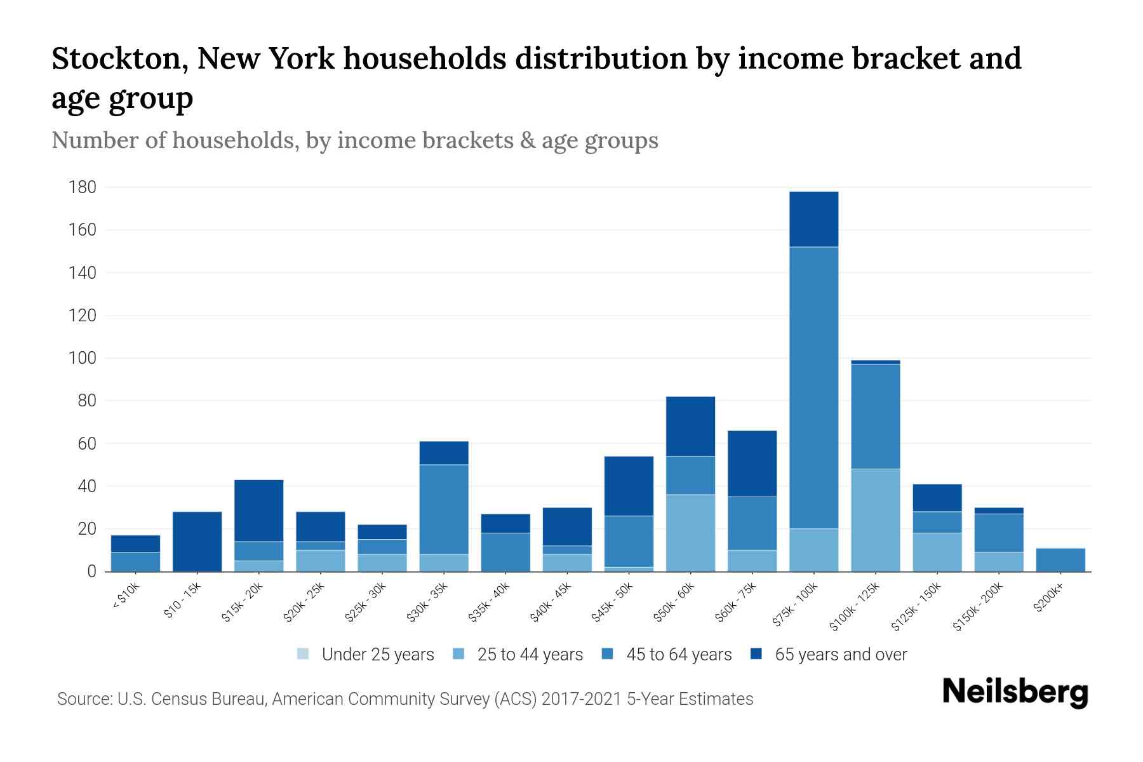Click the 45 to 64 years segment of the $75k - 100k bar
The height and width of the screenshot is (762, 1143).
pyautogui.click(x=813, y=387)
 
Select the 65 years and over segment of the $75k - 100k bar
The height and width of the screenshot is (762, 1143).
pyautogui.click(x=813, y=219)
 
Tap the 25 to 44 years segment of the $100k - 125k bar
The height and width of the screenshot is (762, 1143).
pyautogui.click(x=875, y=520)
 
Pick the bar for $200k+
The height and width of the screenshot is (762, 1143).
pyautogui.click(x=1060, y=559)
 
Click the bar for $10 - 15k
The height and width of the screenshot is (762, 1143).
pyautogui.click(x=197, y=541)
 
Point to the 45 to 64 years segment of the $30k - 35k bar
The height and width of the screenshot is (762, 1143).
pyautogui.click(x=444, y=509)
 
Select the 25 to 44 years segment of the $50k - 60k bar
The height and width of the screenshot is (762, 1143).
pyautogui.click(x=690, y=533)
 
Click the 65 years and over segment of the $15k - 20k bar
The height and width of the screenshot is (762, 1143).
pyautogui.click(x=258, y=511)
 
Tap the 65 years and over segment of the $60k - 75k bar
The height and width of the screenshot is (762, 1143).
pyautogui.click(x=752, y=464)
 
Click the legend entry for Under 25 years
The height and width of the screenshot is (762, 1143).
pyautogui.click(x=366, y=655)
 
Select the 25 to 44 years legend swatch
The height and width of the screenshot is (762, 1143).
pyautogui.click(x=459, y=654)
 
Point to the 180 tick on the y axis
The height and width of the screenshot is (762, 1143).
pyautogui.click(x=83, y=187)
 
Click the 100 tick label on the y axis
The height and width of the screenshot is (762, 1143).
pyautogui.click(x=83, y=358)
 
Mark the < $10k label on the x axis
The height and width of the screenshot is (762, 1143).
pyautogui.click(x=126, y=596)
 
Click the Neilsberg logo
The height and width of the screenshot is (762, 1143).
pyautogui.click(x=1015, y=692)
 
